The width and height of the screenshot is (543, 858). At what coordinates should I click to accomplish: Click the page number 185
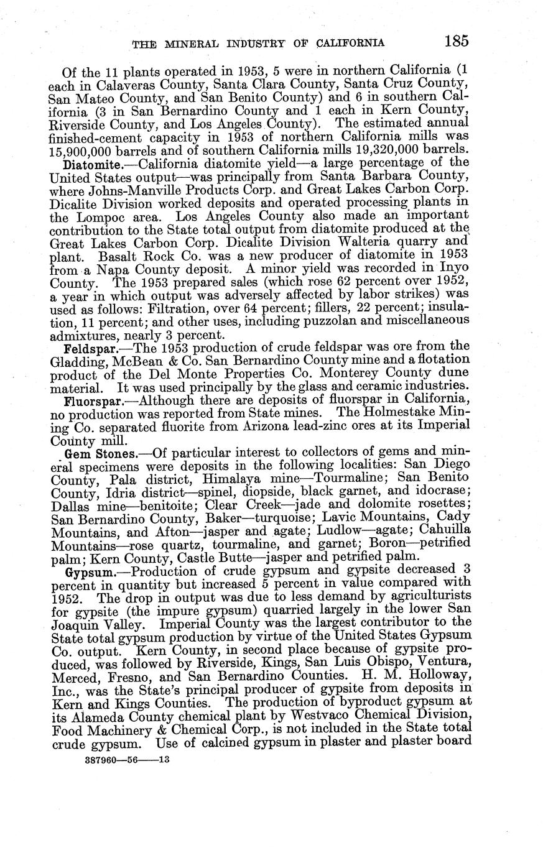click(456, 41)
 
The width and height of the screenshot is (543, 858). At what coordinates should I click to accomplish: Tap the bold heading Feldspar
click(90, 346)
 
